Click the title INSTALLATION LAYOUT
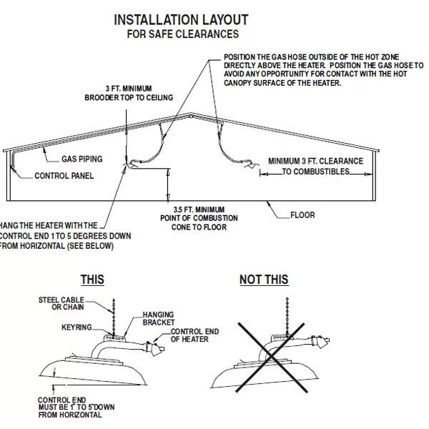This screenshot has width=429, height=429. (x=182, y=19)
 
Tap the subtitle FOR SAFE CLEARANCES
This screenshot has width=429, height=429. (x=182, y=34)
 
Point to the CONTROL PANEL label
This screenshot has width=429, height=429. (x=64, y=175)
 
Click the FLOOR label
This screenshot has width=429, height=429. (x=302, y=214)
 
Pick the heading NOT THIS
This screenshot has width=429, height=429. (x=264, y=280)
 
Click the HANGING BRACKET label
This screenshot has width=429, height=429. (x=158, y=318)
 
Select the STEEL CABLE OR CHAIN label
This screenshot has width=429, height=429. (x=61, y=303)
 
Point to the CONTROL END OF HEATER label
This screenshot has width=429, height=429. (x=189, y=335)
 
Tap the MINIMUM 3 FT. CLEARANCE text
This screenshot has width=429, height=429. (x=315, y=166)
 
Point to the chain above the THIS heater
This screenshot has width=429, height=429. (x=114, y=314)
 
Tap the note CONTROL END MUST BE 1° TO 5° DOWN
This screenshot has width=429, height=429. (x=70, y=406)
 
